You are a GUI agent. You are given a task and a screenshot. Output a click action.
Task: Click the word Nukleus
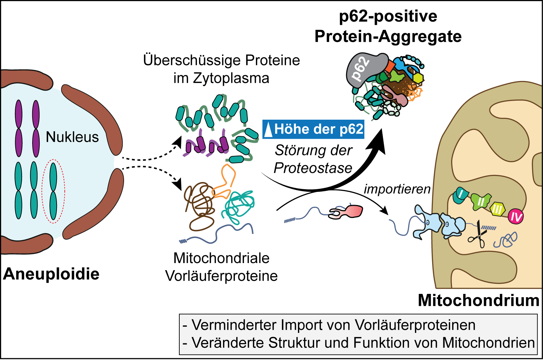(72, 137)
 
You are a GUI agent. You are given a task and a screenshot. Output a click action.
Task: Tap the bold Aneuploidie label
(51, 274)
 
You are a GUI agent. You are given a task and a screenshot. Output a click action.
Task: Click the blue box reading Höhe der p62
(314, 129)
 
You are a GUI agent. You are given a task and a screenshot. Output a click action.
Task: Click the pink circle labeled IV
(516, 216)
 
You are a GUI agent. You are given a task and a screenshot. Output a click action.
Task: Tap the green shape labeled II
(481, 201)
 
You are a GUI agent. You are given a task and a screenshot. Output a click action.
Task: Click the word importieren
(397, 189)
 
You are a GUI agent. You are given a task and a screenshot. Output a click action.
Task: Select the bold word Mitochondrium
(478, 300)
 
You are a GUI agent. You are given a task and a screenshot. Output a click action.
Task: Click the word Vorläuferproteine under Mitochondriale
(221, 276)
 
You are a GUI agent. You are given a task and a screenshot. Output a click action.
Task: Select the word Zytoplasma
(231, 78)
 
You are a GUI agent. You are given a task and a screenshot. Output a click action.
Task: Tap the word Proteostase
(313, 168)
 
